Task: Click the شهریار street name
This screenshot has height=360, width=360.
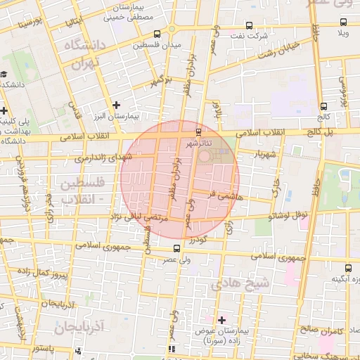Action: pyautogui.click(x=250, y=153)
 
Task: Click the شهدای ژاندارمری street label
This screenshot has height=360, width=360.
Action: pyautogui.click(x=94, y=159)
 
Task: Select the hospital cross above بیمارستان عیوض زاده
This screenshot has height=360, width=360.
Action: pyautogui.click(x=221, y=320)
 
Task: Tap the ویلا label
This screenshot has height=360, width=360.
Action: pyautogui.click(x=344, y=33)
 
